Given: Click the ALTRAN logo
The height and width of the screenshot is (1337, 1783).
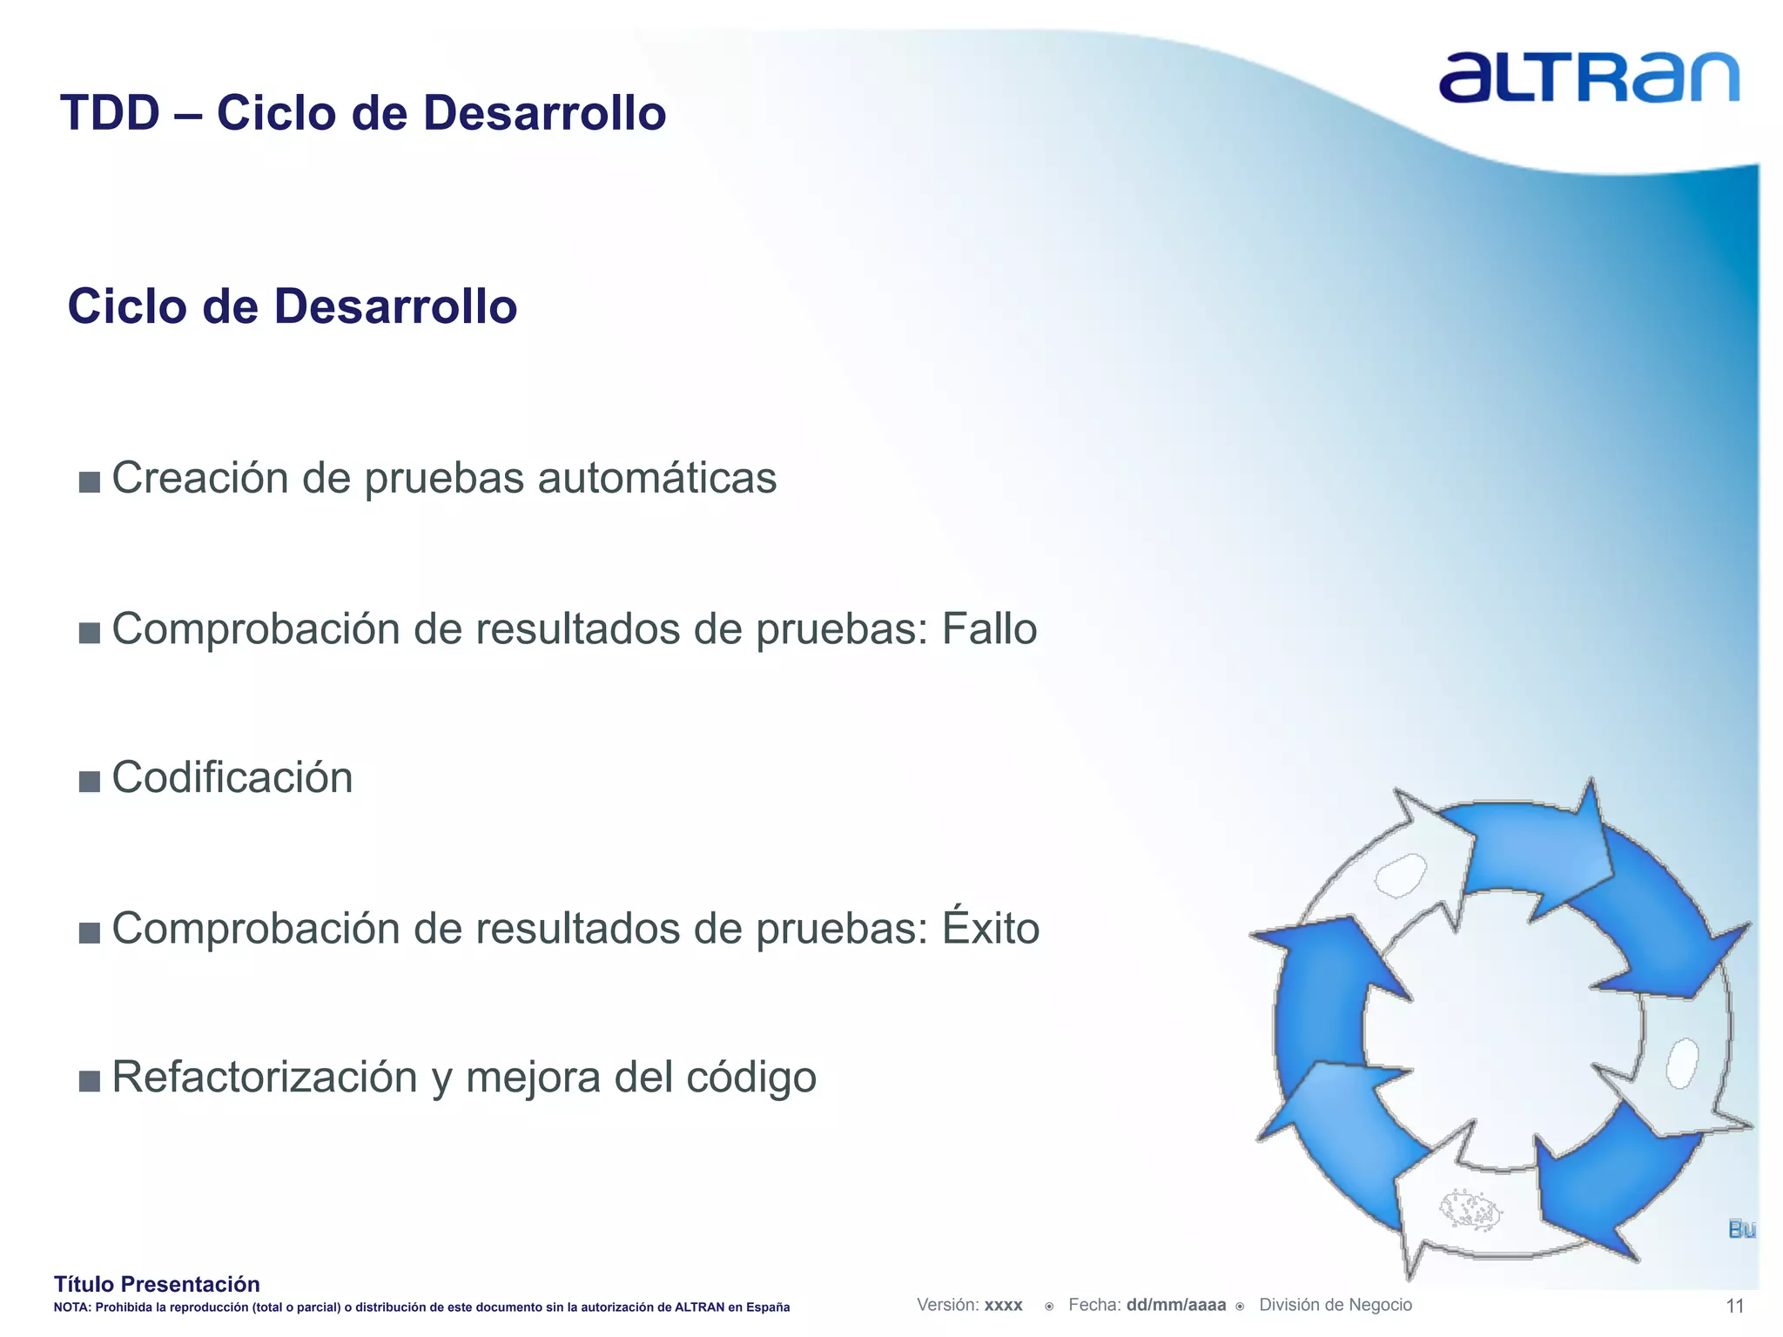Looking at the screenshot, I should click(1588, 78).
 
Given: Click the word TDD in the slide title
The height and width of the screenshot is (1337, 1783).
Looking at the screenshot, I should click(111, 113).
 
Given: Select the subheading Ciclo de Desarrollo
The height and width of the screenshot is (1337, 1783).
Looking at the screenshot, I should click(293, 306).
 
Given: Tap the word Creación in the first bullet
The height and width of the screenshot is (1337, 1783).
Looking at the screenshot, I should click(200, 478).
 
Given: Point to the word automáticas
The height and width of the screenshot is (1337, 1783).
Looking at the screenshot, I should click(657, 478).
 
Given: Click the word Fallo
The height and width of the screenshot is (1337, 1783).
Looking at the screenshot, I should click(989, 628).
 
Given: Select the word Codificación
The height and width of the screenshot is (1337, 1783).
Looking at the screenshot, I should click(232, 777).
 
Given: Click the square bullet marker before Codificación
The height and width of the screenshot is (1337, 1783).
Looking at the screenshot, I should click(89, 781).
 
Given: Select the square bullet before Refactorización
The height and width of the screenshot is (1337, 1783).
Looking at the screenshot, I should click(89, 1081).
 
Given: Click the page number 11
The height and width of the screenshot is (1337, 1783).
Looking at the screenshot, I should click(1734, 1306).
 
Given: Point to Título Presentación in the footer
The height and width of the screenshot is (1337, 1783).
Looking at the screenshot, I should click(157, 1284).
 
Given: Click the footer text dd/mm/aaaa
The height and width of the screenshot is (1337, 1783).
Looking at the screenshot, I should click(1175, 1305).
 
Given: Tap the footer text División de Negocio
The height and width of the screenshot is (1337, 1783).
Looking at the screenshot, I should click(1336, 1305).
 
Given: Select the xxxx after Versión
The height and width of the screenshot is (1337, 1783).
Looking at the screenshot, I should click(1003, 1305).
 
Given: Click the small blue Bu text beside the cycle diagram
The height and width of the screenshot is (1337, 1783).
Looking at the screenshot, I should click(1741, 1229).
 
